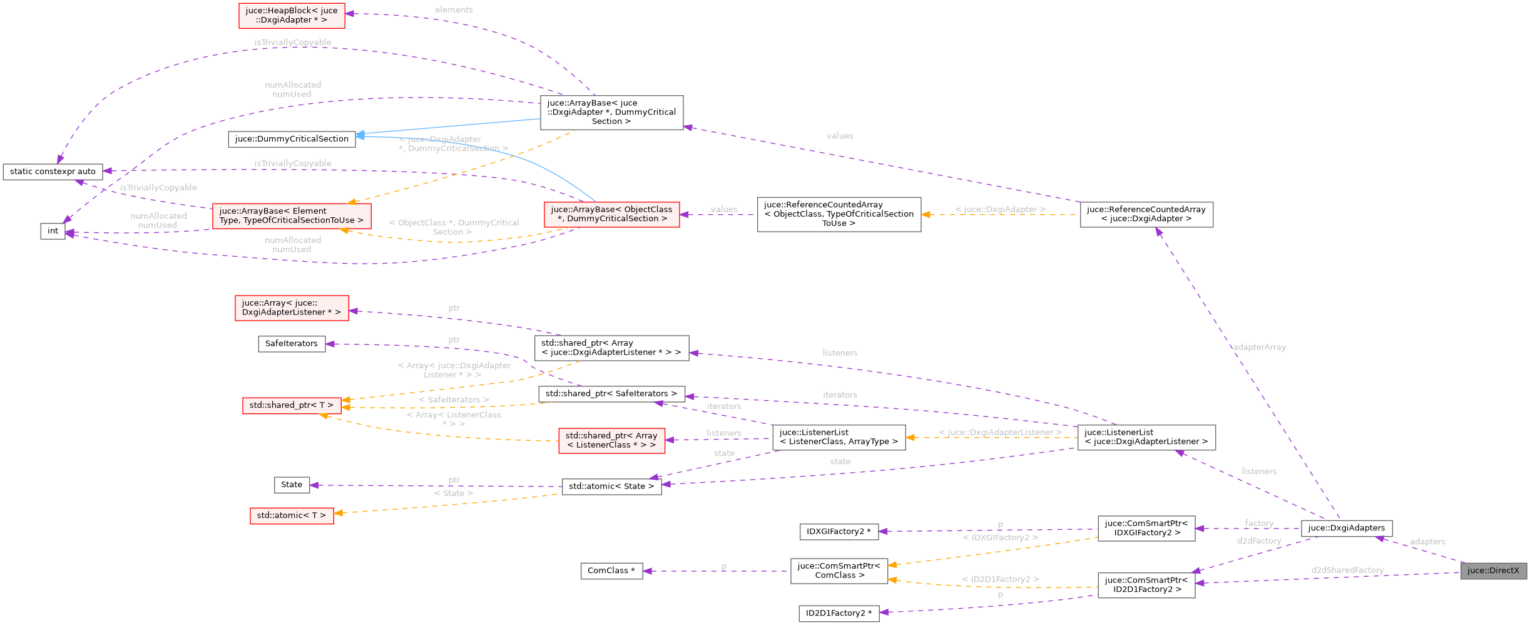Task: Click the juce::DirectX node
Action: click(1493, 571)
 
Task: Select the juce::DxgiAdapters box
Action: click(1346, 528)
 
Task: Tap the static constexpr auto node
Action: click(53, 172)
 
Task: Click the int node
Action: click(53, 231)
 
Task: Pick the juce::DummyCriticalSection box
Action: click(292, 139)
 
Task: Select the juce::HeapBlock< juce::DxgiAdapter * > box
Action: click(292, 15)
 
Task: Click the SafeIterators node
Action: click(292, 344)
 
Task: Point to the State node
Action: click(292, 485)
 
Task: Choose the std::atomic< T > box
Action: click(292, 515)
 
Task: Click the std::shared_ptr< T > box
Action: click(292, 405)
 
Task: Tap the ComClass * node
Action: click(611, 571)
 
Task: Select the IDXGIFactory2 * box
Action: click(839, 532)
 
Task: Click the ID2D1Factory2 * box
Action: click(839, 613)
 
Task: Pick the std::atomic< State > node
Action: click(611, 487)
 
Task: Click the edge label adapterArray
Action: click(1259, 347)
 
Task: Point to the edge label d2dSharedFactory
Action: click(1347, 570)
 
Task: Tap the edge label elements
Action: click(454, 10)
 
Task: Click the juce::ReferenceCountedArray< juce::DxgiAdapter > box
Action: click(1146, 214)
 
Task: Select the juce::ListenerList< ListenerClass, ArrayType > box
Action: click(839, 437)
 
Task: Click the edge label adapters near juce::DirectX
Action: click(1427, 542)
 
